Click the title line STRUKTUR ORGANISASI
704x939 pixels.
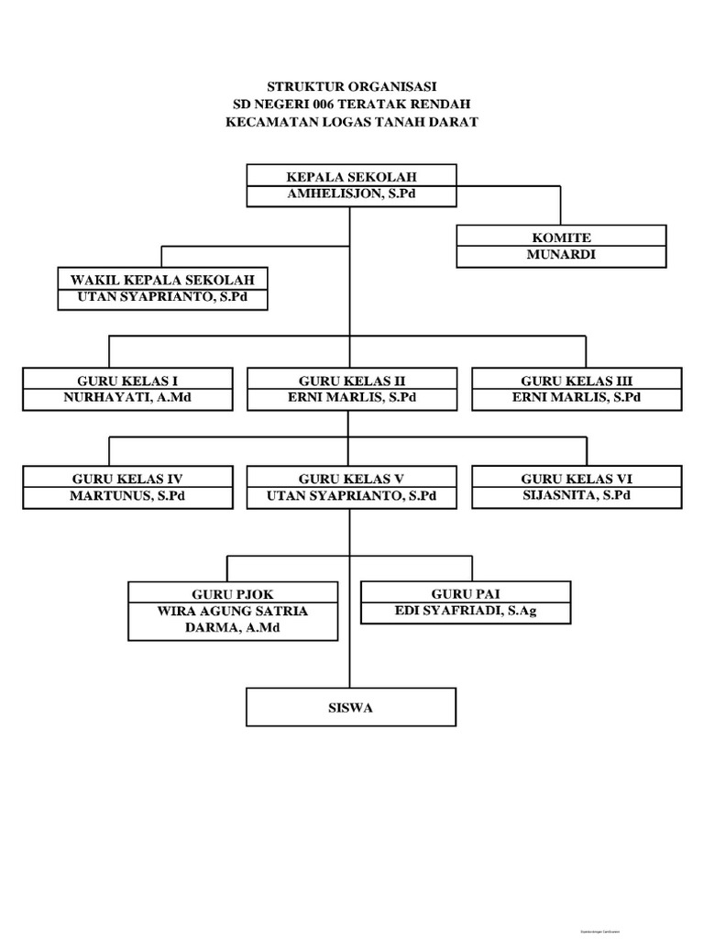click(352, 86)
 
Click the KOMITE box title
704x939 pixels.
click(561, 238)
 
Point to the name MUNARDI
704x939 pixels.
click(561, 255)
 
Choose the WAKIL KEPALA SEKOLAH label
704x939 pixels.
click(163, 280)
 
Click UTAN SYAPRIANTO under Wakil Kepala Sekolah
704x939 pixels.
click(163, 299)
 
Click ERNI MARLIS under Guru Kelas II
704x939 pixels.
click(351, 398)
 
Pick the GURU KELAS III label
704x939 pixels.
click(577, 380)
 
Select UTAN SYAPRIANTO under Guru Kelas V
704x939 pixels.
click(351, 496)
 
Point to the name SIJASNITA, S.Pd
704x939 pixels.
click(577, 495)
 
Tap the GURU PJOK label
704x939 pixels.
click(233, 593)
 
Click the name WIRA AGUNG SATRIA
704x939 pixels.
click(233, 612)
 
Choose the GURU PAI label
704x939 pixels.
click(466, 593)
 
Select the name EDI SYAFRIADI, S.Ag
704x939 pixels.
click(466, 612)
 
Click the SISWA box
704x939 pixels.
click(351, 708)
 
